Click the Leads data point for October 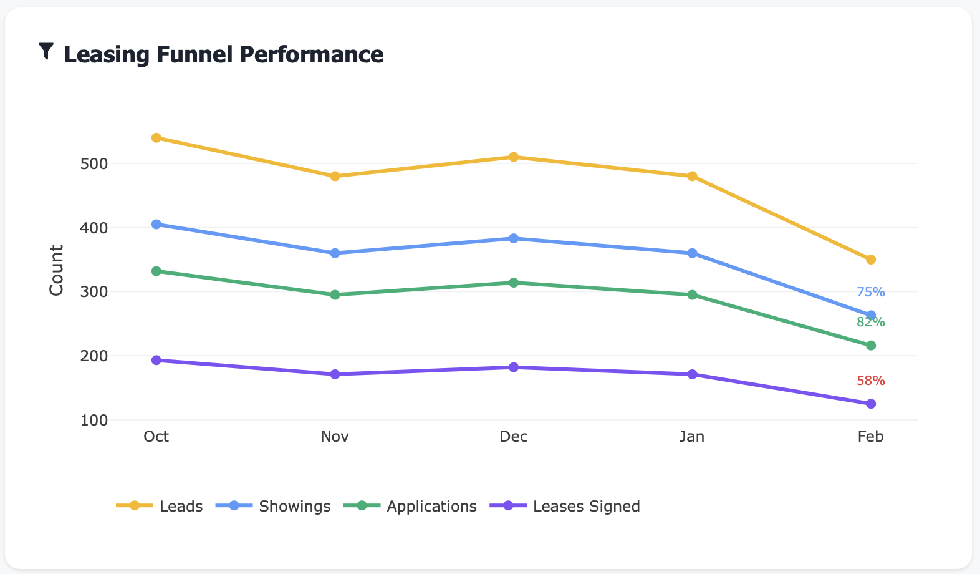coord(156,138)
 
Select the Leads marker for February coord(871,260)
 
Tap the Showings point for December coord(514,238)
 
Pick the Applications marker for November coord(335,294)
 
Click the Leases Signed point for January coord(692,374)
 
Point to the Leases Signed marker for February coord(871,404)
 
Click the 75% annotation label coord(870,292)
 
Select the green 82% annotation coord(870,322)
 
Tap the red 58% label coord(870,381)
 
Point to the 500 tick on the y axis coord(94,164)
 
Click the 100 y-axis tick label coord(94,421)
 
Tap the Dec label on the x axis coord(514,437)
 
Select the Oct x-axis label coord(156,437)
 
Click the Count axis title coord(57,270)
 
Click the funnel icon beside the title coord(46,51)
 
